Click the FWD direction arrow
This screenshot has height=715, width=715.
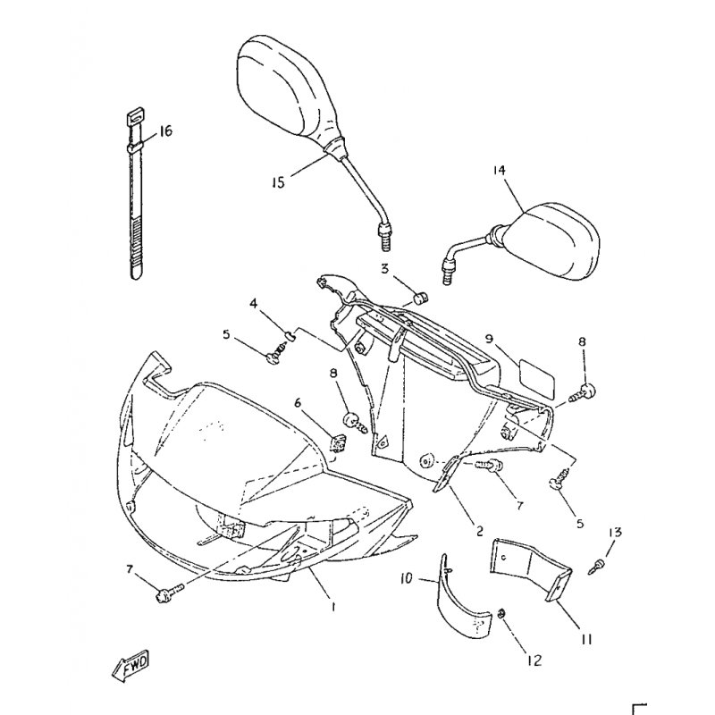(x=130, y=666)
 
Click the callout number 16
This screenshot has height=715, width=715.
(x=165, y=131)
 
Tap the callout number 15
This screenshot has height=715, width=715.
(x=278, y=182)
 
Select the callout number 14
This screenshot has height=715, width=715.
(x=500, y=170)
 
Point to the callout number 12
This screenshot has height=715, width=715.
(x=534, y=660)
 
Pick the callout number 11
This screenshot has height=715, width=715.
(x=587, y=639)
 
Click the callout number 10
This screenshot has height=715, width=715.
(x=406, y=578)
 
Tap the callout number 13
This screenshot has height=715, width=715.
(x=615, y=532)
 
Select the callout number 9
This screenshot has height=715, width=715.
(x=489, y=339)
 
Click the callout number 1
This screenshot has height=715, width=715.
(x=333, y=607)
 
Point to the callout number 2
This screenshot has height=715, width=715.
(x=479, y=531)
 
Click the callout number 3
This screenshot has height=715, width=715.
(x=385, y=269)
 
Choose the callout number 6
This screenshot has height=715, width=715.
(x=298, y=403)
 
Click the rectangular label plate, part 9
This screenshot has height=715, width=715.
(x=537, y=379)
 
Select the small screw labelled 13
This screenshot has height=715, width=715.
(x=597, y=566)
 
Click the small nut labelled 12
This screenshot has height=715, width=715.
(x=501, y=614)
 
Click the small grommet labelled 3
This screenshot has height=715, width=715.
(x=421, y=299)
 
